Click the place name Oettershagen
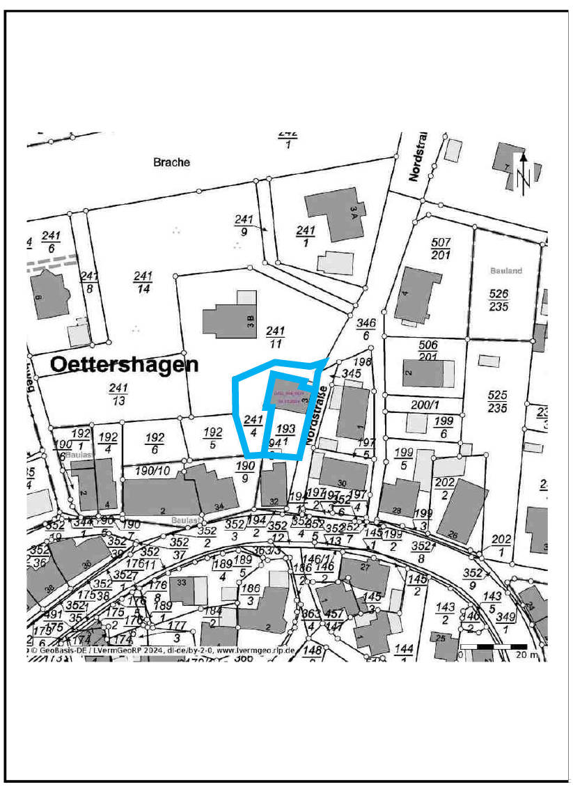tap(124, 364)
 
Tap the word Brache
tap(171, 162)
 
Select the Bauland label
tap(505, 270)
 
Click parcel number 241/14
tap(142, 282)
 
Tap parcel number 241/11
tap(276, 336)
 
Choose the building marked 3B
tap(230, 321)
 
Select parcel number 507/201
tap(441, 248)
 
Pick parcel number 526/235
tap(499, 299)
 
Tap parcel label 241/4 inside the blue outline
tap(253, 425)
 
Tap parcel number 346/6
tap(366, 329)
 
